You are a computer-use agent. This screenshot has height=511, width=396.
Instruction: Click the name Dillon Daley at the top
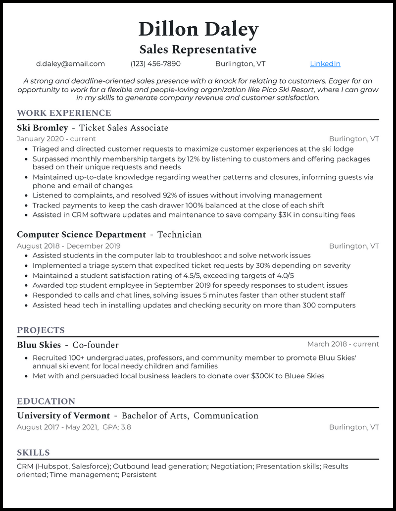[x=198, y=30]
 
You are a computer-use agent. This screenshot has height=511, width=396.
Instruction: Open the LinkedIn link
[x=325, y=64]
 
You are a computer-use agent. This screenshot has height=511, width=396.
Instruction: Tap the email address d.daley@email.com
[x=70, y=64]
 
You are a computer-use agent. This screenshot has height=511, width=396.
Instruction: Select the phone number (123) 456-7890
[x=155, y=64]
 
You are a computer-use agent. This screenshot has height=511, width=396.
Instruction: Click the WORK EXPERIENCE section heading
[x=64, y=113]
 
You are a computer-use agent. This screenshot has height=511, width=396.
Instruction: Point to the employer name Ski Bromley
[x=42, y=128]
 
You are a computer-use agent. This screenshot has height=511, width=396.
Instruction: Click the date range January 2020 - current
[x=56, y=139]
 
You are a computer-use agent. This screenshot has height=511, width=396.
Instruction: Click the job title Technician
[x=179, y=235]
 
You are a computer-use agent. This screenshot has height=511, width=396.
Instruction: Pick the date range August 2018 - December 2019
[x=68, y=246]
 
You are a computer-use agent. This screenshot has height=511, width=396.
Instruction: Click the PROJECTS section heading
[x=41, y=330]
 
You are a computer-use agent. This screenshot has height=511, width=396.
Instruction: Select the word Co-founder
[x=96, y=345]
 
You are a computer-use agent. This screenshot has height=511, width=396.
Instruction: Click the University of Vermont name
[x=63, y=416]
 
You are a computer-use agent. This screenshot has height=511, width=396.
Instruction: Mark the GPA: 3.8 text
[x=117, y=427]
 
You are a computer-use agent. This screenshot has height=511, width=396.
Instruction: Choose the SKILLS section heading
[x=33, y=453]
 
